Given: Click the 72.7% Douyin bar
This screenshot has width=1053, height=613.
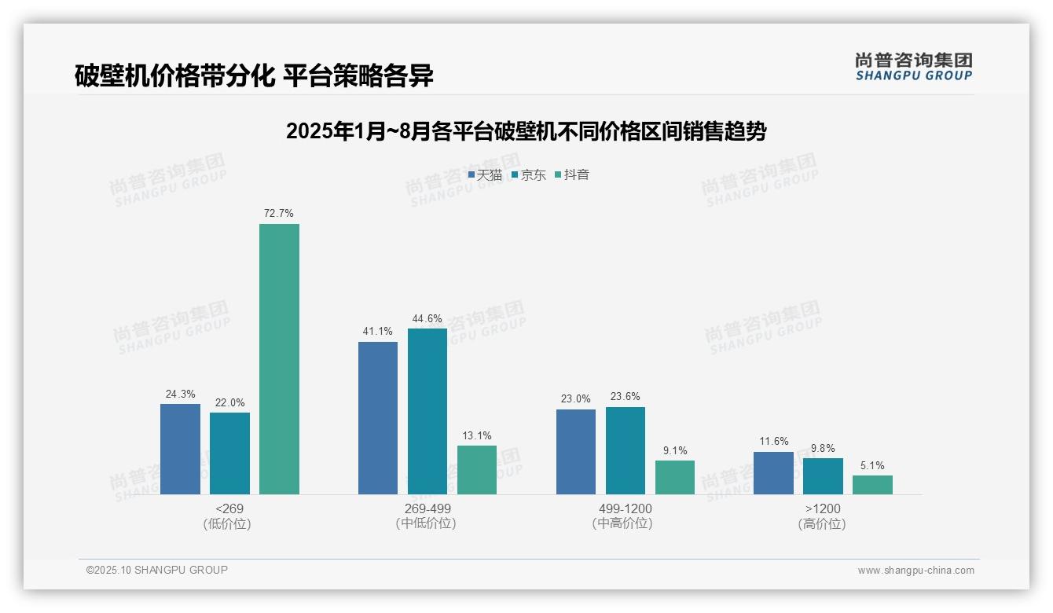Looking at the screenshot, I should coord(279,359).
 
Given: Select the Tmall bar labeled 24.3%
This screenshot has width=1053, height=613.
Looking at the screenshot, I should coord(180,449).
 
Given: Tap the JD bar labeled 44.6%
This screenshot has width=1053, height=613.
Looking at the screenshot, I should coord(427,411).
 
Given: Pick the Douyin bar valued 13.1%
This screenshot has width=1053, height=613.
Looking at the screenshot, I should coord(477,470).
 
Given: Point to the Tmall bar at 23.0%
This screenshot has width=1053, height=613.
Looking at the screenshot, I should coord(575,452).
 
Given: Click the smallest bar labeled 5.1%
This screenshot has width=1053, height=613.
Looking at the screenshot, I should coord(872,485).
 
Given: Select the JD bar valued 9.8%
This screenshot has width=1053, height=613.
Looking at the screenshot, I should coord(823,476).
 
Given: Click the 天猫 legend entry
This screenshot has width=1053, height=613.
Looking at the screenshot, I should coord(485,175).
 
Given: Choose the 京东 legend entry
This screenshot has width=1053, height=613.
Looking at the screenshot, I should coord(528,175).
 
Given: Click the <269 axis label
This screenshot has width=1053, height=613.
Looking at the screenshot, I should coord(229,508).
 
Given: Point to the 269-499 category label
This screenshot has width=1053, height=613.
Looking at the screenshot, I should coord(427,508).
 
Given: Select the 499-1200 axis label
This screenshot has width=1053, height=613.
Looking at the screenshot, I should coord(626,508).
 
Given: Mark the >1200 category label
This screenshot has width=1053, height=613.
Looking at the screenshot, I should coord(822,508).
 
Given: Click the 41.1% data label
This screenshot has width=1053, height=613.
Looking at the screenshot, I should coord(378,332).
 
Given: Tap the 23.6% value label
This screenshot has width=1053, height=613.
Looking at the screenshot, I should coord(626,397).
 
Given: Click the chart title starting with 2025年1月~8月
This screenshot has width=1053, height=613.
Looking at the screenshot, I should coord(526,131).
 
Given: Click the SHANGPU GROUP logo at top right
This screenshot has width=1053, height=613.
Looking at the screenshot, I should coord(913,67).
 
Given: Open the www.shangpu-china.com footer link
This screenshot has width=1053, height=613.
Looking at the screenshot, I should coord(915,571).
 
